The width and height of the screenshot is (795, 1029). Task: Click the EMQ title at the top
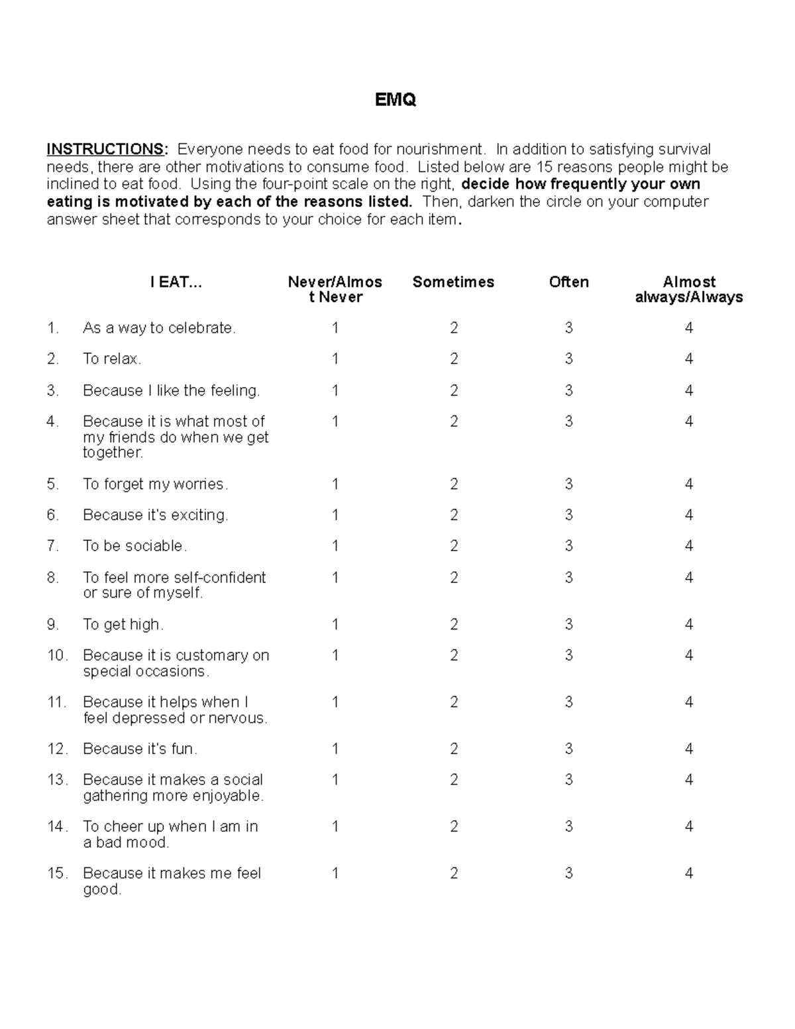396,100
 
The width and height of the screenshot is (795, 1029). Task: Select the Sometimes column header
453,282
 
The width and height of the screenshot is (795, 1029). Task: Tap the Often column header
568,282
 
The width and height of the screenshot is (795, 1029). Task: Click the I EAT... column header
176,282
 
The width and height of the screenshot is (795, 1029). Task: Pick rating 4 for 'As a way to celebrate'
689,328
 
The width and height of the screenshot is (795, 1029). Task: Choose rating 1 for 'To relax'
335,359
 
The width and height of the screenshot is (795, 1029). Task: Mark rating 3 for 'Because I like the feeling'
568,391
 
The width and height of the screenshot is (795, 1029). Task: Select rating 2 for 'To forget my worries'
454,484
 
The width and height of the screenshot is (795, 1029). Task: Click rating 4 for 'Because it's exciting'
689,515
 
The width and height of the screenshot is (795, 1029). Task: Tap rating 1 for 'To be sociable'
335,546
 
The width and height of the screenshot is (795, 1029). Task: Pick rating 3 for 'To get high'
568,625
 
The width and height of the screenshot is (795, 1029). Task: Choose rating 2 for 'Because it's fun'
454,749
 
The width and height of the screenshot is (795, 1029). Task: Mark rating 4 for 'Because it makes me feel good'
689,874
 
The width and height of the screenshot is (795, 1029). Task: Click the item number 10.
57,656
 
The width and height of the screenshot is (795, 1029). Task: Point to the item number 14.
57,827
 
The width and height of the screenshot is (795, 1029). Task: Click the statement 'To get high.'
123,625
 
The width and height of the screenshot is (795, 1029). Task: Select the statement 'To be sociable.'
135,546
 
